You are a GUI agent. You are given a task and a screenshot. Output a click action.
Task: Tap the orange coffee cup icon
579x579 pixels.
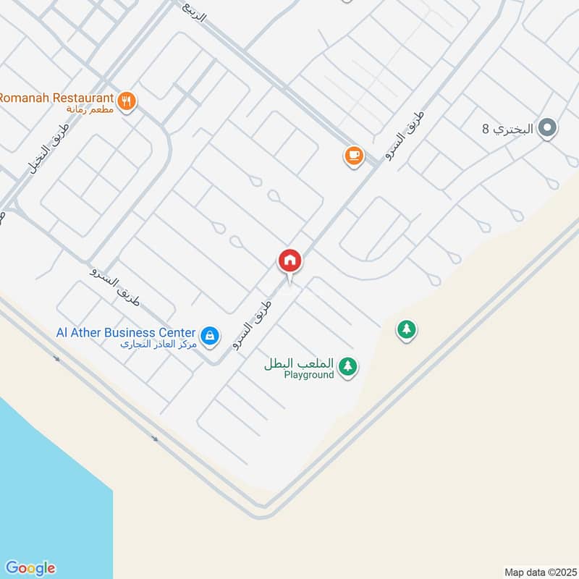[353, 155]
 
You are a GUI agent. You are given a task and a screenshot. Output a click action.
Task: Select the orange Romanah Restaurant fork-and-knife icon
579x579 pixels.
[127, 101]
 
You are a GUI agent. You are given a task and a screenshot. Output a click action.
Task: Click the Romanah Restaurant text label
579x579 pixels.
[56, 98]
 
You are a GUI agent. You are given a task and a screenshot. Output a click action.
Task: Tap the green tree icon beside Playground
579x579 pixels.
[349, 366]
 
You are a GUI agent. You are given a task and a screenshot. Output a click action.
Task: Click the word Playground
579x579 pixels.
[309, 375]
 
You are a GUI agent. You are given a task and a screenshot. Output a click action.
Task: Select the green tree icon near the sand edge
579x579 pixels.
[407, 330]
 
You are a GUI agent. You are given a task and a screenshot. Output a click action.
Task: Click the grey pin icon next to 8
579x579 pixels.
[548, 130]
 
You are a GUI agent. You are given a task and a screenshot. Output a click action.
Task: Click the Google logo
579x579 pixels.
[30, 568]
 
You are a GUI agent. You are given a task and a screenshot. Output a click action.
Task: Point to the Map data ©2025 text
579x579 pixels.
[539, 572]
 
